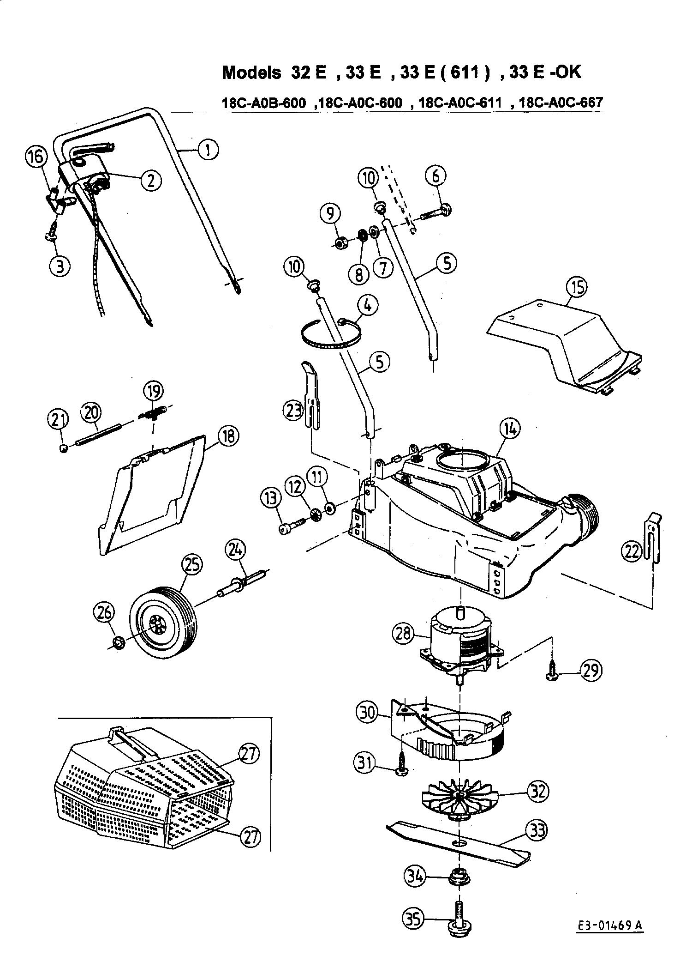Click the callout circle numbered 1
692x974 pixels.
[209, 150]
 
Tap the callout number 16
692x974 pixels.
[36, 157]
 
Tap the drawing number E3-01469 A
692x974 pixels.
[610, 914]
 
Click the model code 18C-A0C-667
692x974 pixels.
[561, 102]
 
